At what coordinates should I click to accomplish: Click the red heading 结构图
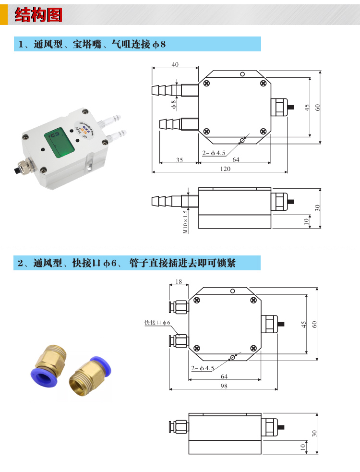[38, 15]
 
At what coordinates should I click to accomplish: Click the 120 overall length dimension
[225, 169]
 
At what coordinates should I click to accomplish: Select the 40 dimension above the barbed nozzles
[175, 65]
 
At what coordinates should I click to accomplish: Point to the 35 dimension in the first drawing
[179, 160]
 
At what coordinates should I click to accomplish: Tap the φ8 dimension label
[174, 102]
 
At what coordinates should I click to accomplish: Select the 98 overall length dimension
[224, 387]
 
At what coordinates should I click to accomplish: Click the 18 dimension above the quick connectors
[179, 282]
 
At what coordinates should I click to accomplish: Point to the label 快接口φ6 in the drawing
[157, 323]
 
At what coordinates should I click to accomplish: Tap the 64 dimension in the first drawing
[236, 160]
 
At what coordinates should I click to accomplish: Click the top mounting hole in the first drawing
[243, 74]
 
